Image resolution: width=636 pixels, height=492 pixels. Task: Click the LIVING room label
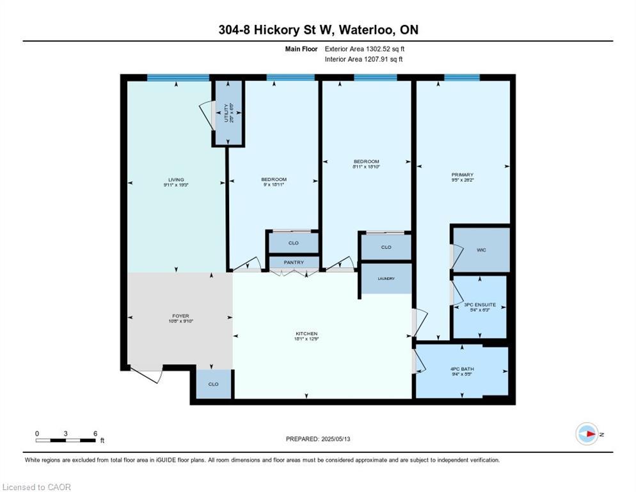point(176,179)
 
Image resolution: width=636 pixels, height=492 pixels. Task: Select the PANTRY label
point(294,262)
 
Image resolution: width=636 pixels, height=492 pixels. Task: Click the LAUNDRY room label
point(386,279)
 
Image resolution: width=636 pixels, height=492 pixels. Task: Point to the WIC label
point(481,250)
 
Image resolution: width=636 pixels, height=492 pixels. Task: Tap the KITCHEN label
point(306,334)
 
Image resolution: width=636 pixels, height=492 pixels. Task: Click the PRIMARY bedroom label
point(462,175)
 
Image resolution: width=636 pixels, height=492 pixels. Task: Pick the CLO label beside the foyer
point(213,384)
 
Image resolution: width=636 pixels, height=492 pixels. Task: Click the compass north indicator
point(587,434)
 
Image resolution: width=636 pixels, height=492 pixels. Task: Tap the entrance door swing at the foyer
point(146,375)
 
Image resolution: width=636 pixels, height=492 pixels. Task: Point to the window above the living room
point(178,78)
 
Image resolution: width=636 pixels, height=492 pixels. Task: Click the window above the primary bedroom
point(462,78)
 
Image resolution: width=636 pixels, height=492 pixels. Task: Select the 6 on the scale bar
point(95,433)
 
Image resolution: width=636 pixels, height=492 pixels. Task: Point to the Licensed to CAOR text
point(36,487)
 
